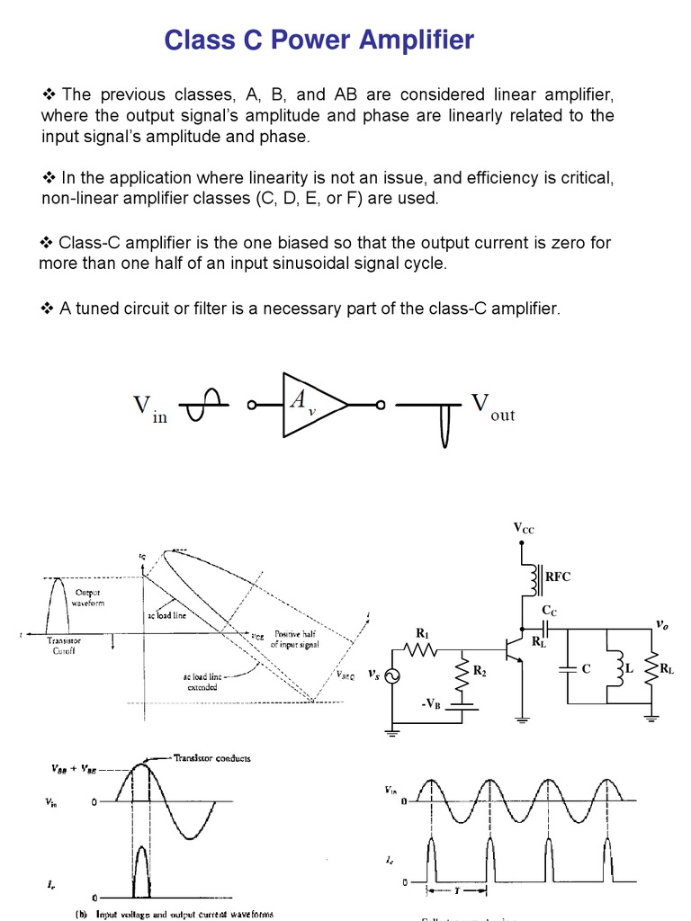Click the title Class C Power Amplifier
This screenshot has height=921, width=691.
[x=319, y=40]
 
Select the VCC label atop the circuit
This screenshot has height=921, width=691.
[x=524, y=529]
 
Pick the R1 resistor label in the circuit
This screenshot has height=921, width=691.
[x=422, y=632]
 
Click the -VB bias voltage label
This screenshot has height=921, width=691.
[x=431, y=704]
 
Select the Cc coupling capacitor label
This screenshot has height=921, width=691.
[x=549, y=610]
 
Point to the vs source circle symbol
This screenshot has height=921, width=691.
[x=392, y=676]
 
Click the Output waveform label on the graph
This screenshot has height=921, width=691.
[x=89, y=597]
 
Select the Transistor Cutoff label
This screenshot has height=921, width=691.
[x=64, y=647]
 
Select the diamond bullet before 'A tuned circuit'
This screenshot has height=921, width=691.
[x=48, y=308]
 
